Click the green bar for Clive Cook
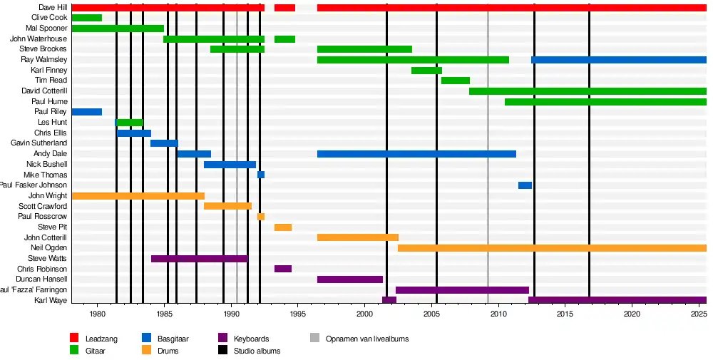click(x=87, y=18)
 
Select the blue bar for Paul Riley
click(x=87, y=112)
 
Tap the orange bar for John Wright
click(x=138, y=196)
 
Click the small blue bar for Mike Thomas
click(x=261, y=175)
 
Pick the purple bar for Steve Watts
click(x=199, y=259)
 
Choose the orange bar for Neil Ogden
click(x=552, y=248)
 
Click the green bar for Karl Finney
click(x=426, y=71)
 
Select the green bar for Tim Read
click(x=456, y=81)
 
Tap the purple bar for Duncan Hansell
click(x=350, y=279)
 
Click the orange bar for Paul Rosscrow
click(x=261, y=217)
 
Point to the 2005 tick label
click(x=431, y=314)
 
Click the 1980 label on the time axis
click(x=98, y=314)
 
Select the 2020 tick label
click(x=632, y=314)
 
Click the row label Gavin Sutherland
click(x=39, y=143)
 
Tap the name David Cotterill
click(x=44, y=91)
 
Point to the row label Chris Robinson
click(x=42, y=269)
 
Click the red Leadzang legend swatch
click(x=74, y=339)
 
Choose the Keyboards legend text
click(x=252, y=339)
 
